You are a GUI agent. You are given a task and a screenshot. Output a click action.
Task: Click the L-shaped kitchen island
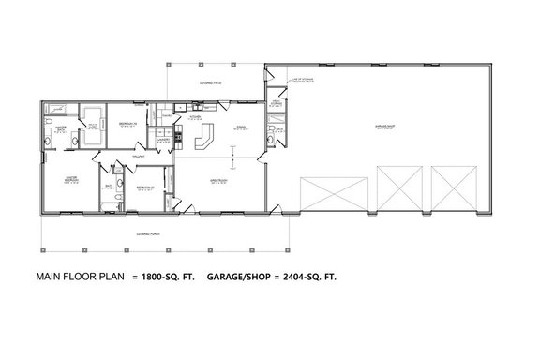coord(205,138)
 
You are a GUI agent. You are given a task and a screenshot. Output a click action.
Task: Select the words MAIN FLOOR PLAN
coord(79,277)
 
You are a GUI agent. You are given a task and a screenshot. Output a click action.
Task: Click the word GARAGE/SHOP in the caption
coord(237,277)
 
